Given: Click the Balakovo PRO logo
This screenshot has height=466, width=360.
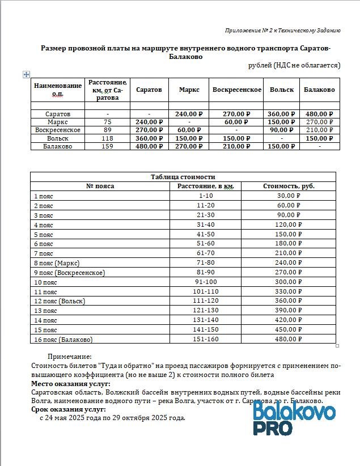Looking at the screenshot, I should pos(293,418).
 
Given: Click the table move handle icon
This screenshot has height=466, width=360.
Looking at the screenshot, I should pos(26,74).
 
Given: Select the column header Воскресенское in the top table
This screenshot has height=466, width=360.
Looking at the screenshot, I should pos(236,90).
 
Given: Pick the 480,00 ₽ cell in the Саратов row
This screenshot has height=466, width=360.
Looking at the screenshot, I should pos(319,114).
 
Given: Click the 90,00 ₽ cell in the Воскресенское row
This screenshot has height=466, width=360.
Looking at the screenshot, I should pos(282,130).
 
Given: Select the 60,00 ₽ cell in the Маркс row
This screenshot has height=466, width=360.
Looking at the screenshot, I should pos(236,122).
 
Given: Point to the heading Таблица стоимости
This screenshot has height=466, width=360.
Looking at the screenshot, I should pos(183,176).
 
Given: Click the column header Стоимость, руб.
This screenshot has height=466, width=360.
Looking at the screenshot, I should pos(289,186).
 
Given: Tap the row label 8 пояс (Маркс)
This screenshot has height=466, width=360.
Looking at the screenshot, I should pos(57,263).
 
